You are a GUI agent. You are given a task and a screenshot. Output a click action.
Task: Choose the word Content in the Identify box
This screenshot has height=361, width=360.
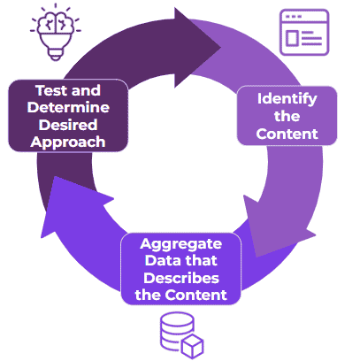click(287, 134)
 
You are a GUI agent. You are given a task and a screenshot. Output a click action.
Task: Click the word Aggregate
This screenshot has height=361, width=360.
click(180, 242)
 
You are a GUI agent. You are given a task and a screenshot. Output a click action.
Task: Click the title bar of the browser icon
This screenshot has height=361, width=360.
click(303, 17)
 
